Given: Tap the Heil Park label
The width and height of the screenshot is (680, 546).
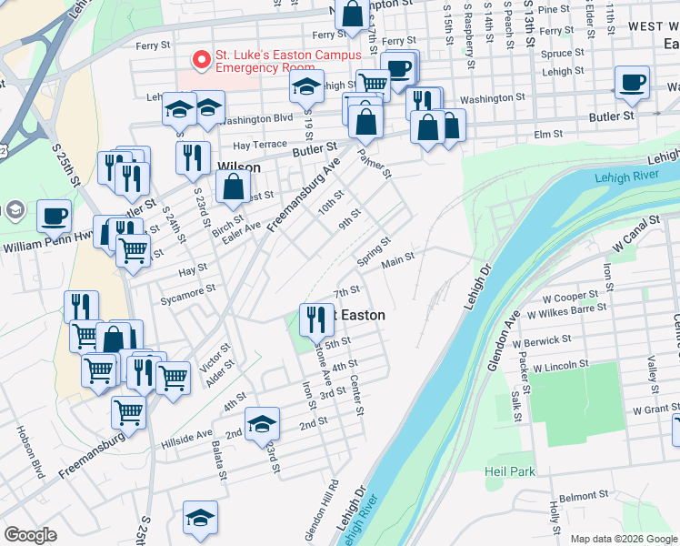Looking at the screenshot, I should click(x=510, y=471).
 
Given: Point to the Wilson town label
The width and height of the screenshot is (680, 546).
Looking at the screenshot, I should click(x=240, y=167).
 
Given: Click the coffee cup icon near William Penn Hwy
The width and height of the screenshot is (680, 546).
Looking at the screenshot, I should click(x=55, y=216).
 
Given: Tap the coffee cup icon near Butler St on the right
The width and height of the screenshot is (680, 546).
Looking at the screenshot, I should click(x=632, y=82).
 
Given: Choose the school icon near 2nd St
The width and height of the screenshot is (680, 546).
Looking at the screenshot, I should click(x=262, y=422).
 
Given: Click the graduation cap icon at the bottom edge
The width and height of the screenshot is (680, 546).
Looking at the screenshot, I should click(x=200, y=516).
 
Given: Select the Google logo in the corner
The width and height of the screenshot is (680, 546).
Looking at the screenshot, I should click(x=30, y=535).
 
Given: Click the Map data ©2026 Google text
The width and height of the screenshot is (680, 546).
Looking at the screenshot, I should click(x=624, y=539).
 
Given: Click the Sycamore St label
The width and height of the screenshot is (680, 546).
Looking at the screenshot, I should click(x=185, y=289).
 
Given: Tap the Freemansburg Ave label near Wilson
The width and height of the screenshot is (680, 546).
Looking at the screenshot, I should click(x=312, y=185).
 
